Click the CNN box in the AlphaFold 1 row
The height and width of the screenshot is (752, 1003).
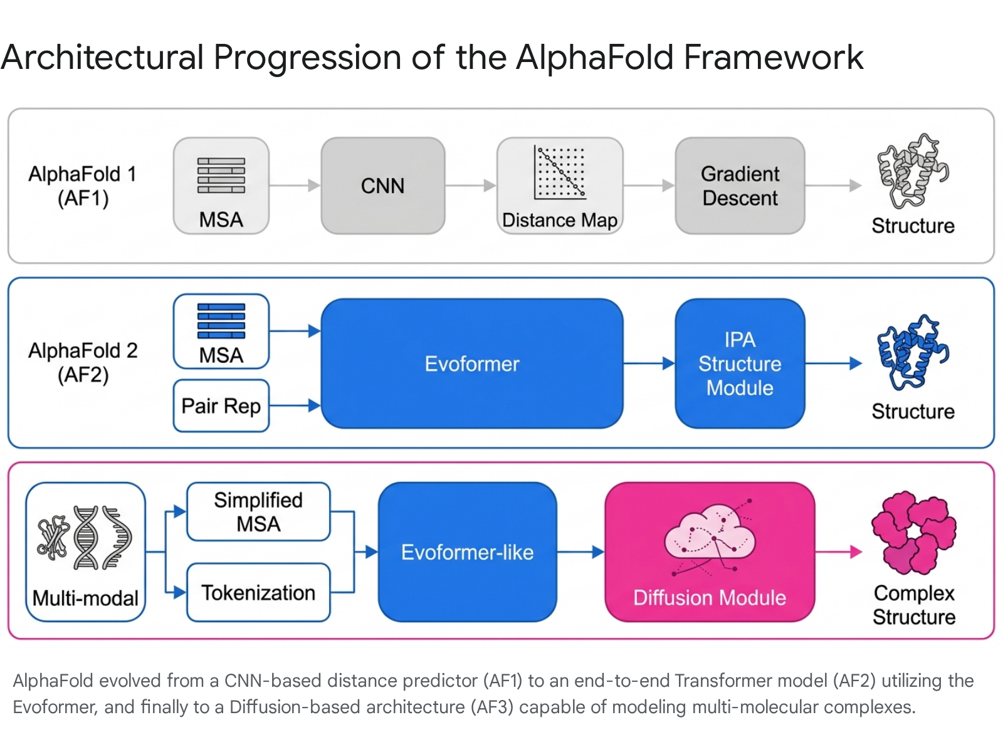383,185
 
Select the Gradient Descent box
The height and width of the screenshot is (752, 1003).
740,185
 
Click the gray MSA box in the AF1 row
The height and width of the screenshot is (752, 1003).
221,185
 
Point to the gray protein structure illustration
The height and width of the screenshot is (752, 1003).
913,170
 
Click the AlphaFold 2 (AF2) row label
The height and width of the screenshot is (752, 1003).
83,363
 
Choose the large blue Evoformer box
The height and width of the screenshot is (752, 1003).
472,363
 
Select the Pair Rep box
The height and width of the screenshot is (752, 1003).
221,405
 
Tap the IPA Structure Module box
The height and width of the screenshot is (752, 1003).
740,363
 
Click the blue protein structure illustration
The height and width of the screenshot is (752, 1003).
913,352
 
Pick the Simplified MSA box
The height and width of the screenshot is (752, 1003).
259,511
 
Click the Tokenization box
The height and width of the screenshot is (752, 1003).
259,592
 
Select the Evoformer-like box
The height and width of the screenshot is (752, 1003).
468,552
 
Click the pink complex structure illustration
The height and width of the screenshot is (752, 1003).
914,533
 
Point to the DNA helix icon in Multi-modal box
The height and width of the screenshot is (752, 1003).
86,538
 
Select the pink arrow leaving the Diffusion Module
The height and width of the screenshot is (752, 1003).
839,552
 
